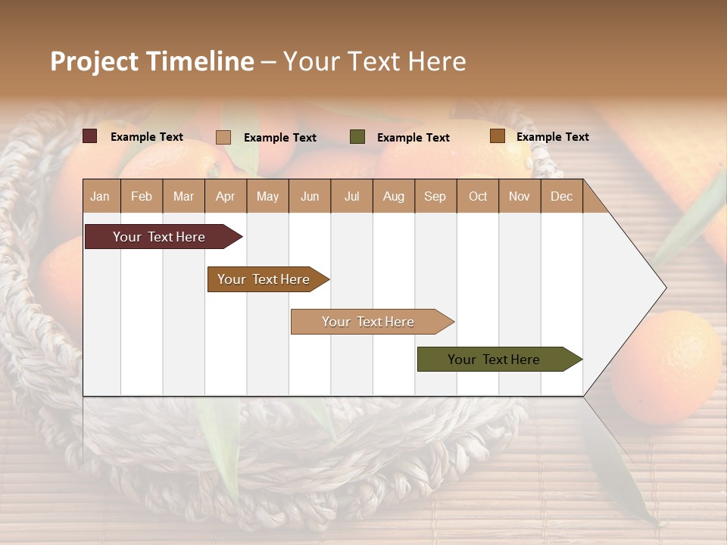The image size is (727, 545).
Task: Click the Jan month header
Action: click(x=101, y=196)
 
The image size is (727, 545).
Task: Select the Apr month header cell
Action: click(x=226, y=196)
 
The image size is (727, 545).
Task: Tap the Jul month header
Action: click(x=351, y=196)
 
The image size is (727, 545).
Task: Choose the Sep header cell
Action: click(x=435, y=196)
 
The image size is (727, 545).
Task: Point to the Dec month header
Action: click(x=561, y=196)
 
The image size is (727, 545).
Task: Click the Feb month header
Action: click(x=142, y=196)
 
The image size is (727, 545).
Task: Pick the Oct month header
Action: click(x=478, y=196)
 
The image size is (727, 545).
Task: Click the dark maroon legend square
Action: click(x=90, y=136)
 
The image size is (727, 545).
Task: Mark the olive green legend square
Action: click(x=357, y=136)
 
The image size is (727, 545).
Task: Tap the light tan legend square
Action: click(x=223, y=137)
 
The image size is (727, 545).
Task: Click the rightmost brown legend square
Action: click(x=497, y=136)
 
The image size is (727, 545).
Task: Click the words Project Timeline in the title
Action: click(x=152, y=61)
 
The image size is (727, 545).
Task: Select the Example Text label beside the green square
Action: click(x=413, y=137)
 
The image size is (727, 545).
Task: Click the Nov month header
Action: click(x=520, y=196)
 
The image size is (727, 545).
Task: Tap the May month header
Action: click(x=267, y=196)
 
